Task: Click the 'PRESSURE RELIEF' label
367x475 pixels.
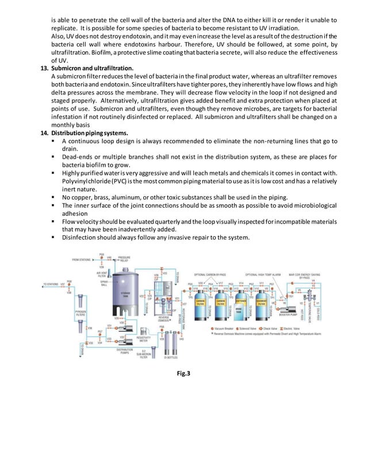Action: (x=124, y=259)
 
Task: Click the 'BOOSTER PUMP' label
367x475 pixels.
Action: (x=288, y=315)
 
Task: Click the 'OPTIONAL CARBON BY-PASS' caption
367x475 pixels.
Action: (x=213, y=274)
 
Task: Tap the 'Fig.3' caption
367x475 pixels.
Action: (x=183, y=374)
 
